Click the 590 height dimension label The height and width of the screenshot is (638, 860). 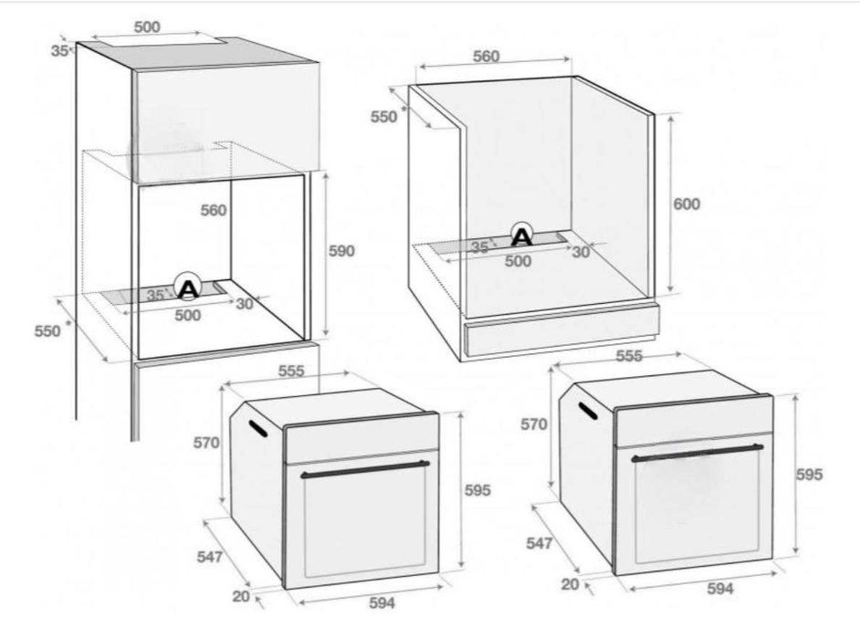[x=341, y=251]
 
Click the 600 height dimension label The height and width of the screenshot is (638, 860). [x=687, y=204]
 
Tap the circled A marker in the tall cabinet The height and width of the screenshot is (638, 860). [x=187, y=286]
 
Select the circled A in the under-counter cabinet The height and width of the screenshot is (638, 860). [x=521, y=235]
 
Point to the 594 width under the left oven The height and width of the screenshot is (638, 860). [x=382, y=603]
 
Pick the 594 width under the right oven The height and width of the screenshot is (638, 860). [x=719, y=589]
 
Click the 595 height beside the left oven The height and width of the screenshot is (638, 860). [x=477, y=490]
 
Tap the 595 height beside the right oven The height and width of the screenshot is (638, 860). [x=810, y=474]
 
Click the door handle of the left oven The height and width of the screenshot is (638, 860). [x=365, y=470]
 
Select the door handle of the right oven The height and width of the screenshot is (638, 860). [x=697, y=453]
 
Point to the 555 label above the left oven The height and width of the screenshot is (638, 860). [x=290, y=371]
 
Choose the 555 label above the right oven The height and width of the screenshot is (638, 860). [x=628, y=356]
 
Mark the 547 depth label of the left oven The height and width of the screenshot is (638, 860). [x=210, y=557]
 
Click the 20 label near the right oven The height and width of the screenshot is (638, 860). [x=570, y=584]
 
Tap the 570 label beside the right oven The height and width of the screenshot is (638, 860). [x=534, y=424]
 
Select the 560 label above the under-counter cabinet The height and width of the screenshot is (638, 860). [x=486, y=57]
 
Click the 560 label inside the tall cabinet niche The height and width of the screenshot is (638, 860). [x=214, y=211]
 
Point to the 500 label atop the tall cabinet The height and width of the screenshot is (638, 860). [x=147, y=26]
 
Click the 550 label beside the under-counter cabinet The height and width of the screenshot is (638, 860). [x=384, y=117]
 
